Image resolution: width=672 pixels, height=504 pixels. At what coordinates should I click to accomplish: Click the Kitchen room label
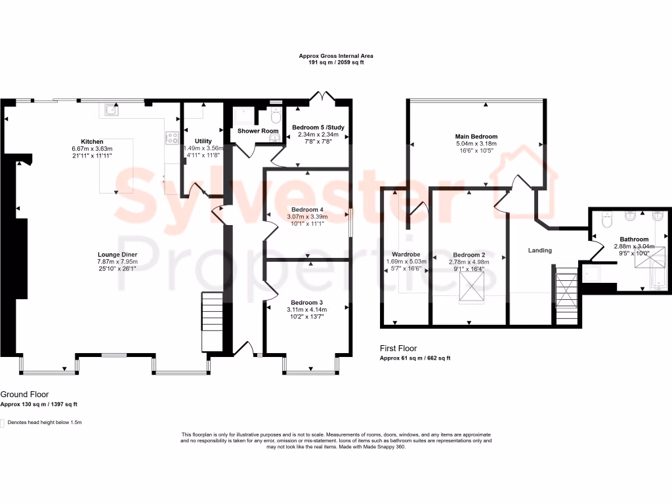(92, 142)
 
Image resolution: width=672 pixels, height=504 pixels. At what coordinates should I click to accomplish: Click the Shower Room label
(258, 131)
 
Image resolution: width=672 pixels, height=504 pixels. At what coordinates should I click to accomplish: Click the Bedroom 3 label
(307, 303)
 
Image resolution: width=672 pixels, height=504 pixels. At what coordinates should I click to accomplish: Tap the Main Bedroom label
(476, 136)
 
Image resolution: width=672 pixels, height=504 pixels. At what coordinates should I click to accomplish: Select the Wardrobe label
(406, 254)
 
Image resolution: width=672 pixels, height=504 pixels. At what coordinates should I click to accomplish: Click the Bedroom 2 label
(469, 255)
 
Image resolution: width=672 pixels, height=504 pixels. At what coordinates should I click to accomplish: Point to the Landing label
(540, 250)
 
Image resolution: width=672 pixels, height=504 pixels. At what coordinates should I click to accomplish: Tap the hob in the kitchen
(173, 138)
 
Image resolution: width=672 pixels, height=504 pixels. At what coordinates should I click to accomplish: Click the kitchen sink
(111, 110)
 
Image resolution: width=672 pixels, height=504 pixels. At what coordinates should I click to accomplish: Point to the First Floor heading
(398, 348)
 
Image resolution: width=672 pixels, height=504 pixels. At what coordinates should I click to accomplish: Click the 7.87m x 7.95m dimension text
(117, 261)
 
